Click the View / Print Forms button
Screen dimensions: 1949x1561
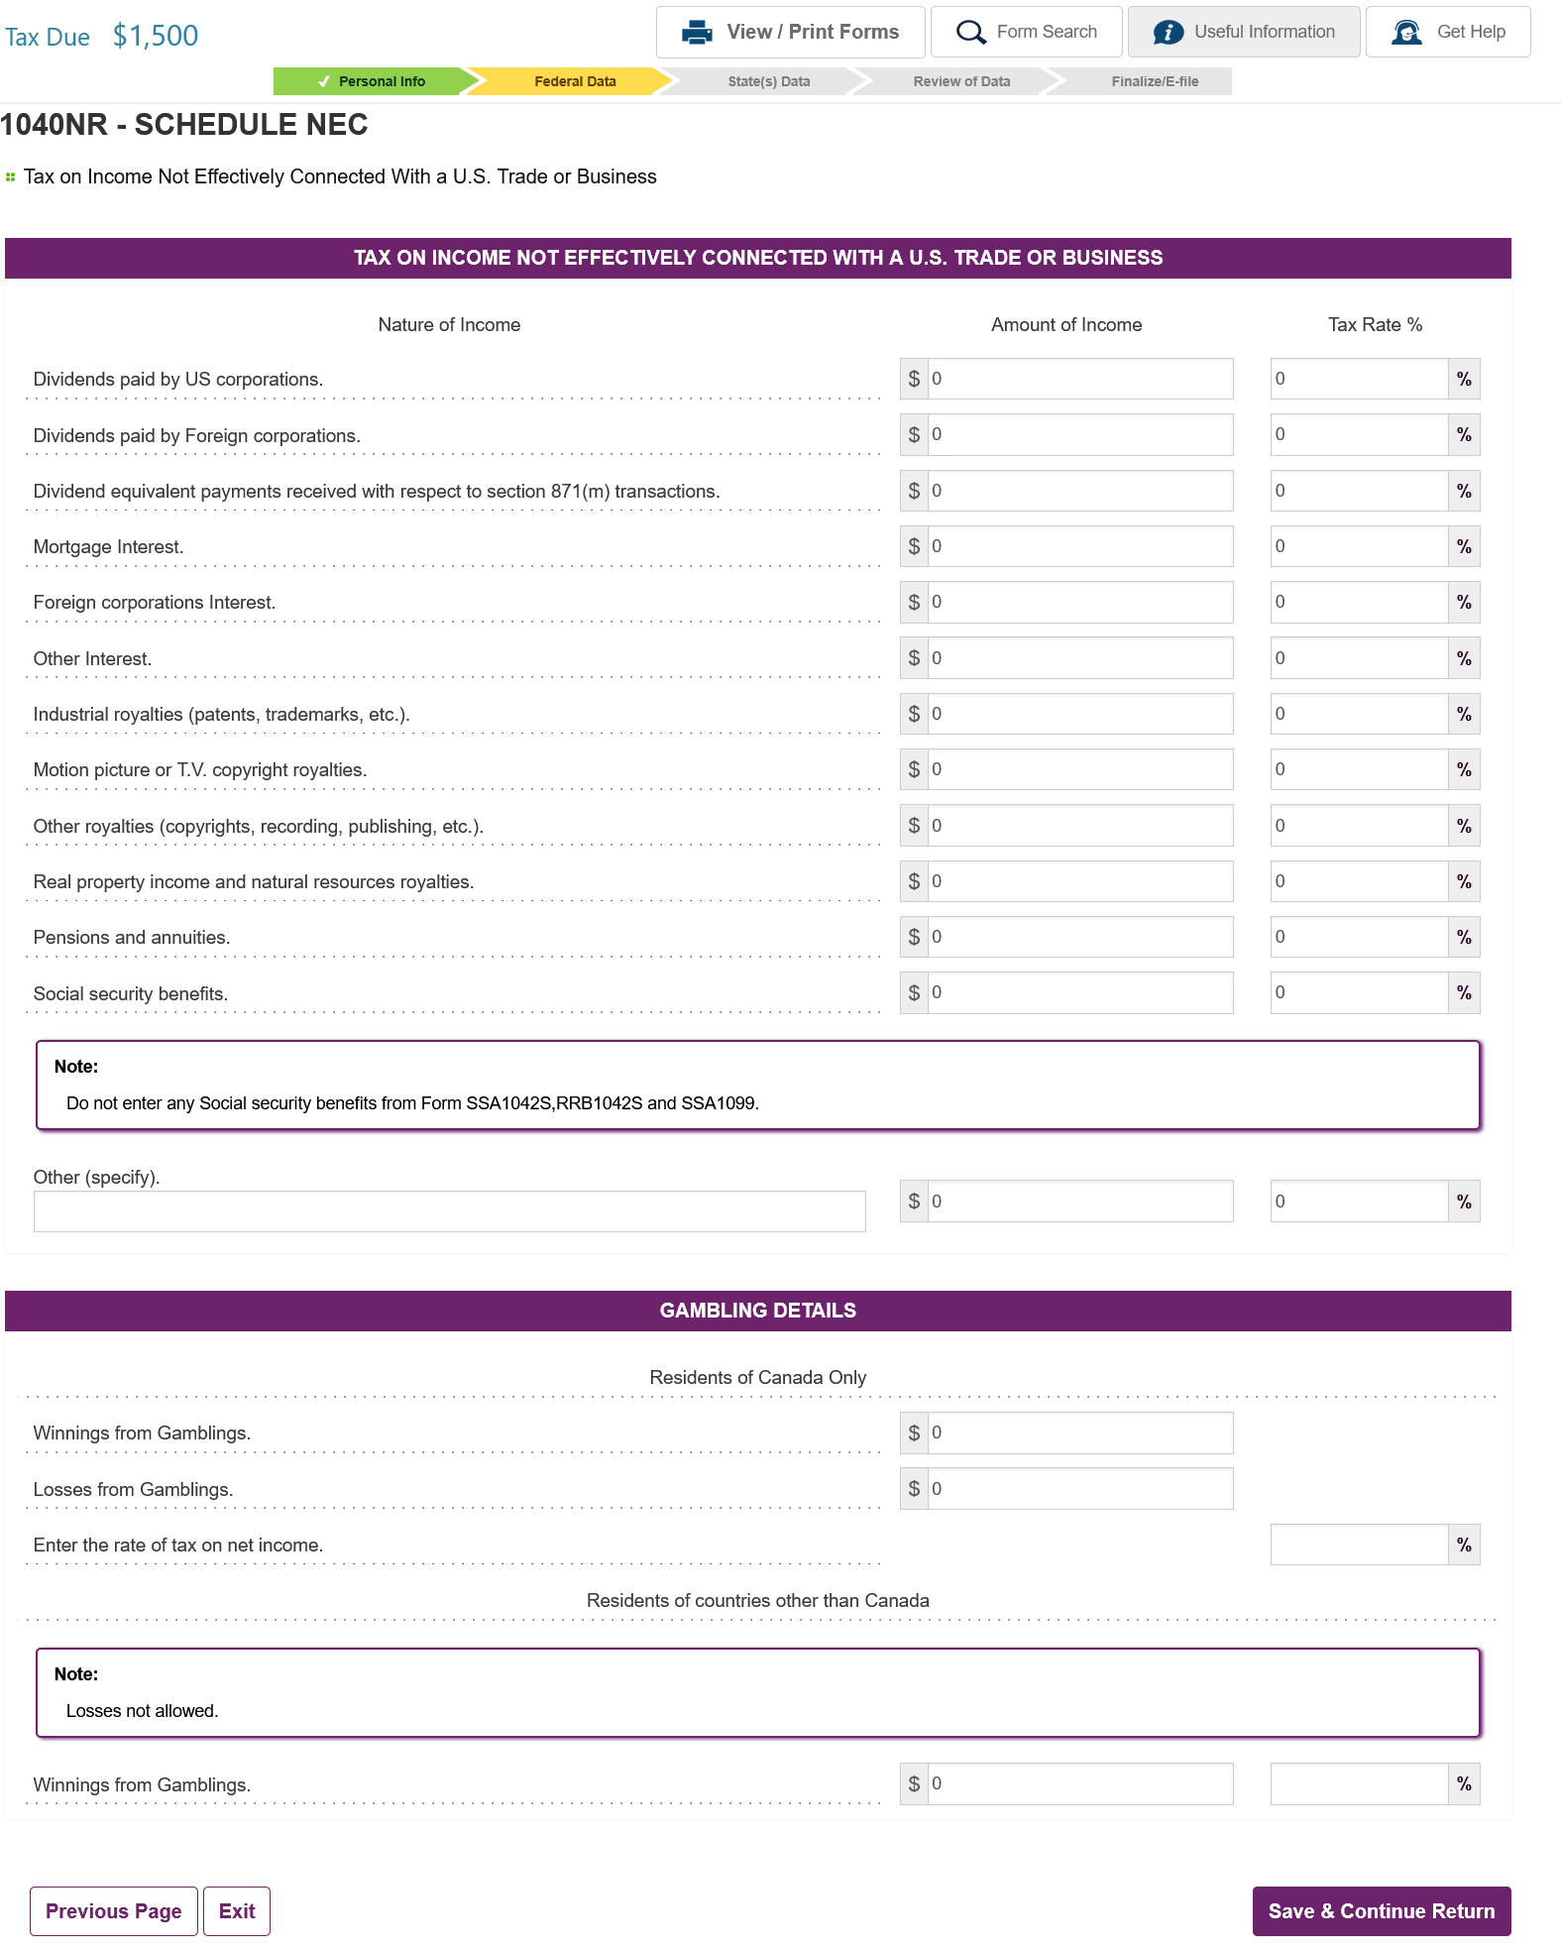pos(790,32)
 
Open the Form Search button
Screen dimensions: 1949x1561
pos(1026,32)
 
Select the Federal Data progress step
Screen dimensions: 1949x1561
pos(574,81)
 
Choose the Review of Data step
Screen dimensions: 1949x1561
pos(960,81)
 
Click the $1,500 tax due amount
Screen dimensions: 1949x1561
pos(156,36)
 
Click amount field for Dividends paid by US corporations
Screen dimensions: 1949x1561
pos(1079,379)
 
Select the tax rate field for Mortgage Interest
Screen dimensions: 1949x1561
pos(1358,546)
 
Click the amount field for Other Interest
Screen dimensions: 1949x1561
pos(1079,658)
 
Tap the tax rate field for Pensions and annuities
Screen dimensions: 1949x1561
pos(1358,937)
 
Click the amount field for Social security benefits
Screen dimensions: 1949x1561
pos(1079,992)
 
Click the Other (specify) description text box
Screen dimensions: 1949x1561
pos(449,1211)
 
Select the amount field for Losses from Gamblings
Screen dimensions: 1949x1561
pos(1079,1489)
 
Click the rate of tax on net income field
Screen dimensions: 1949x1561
pos(1358,1545)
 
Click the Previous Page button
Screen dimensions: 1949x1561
pos(114,1911)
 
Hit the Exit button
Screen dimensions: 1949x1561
pos(237,1911)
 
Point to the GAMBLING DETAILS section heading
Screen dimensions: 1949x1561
pos(757,1311)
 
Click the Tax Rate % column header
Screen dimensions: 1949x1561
pos(1375,325)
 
